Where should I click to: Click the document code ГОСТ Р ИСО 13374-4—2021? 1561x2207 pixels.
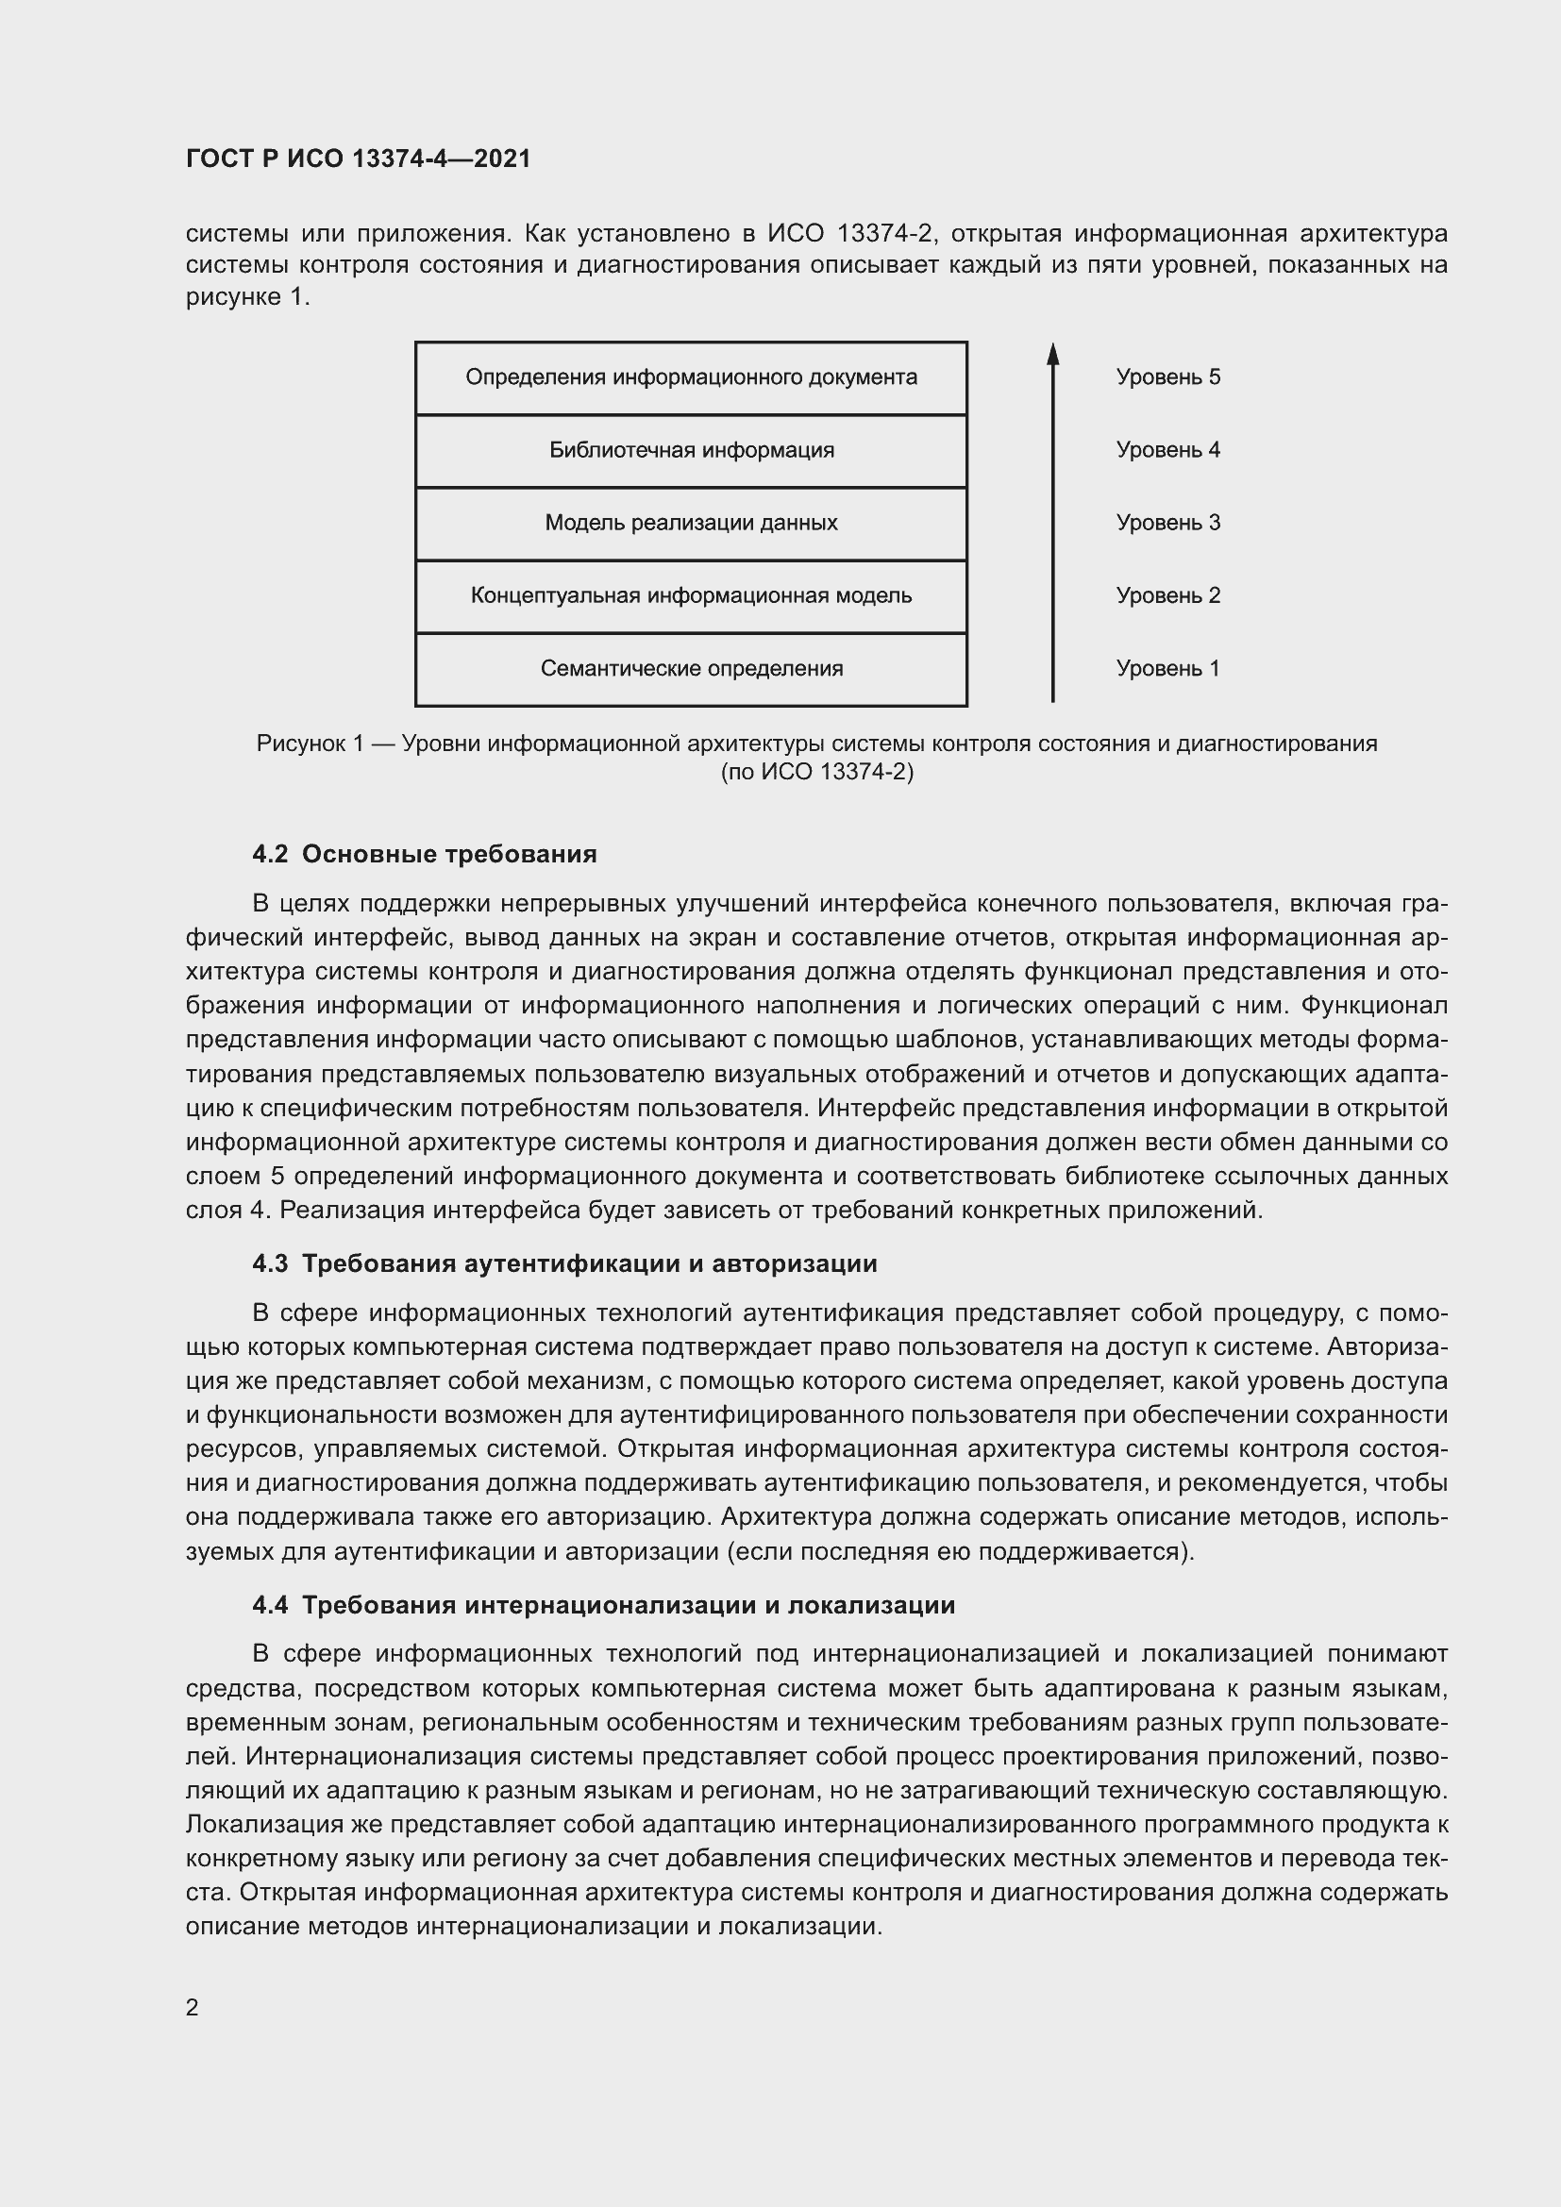coord(358,159)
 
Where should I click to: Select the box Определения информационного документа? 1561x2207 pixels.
coord(690,377)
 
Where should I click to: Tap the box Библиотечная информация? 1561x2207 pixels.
coord(690,451)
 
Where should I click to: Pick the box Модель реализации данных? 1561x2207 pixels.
coord(690,524)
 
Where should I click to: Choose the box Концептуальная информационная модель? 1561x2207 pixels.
coord(690,596)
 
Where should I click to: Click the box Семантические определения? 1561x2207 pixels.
coord(690,669)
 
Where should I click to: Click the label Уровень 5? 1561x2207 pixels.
coord(1167,377)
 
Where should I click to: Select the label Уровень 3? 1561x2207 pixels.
coord(1167,524)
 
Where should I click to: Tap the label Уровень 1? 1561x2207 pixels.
coord(1167,669)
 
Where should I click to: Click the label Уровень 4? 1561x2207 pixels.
coord(1167,451)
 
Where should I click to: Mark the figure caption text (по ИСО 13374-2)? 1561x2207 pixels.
coord(817,772)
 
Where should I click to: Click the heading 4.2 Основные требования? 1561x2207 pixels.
coord(424,855)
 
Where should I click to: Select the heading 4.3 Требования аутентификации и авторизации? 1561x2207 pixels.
coord(564,1263)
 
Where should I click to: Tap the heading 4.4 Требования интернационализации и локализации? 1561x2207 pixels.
coord(603,1605)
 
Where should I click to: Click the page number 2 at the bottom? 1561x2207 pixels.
coord(193,2007)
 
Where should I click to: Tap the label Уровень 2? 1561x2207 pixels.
coord(1167,596)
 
